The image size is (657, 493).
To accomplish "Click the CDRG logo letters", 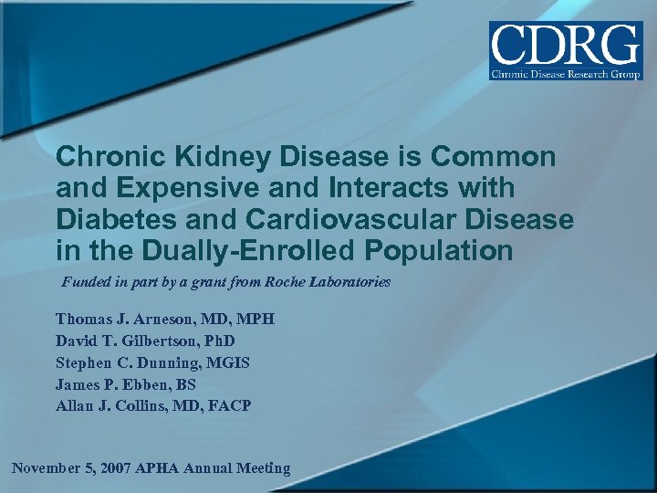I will click(566, 44).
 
